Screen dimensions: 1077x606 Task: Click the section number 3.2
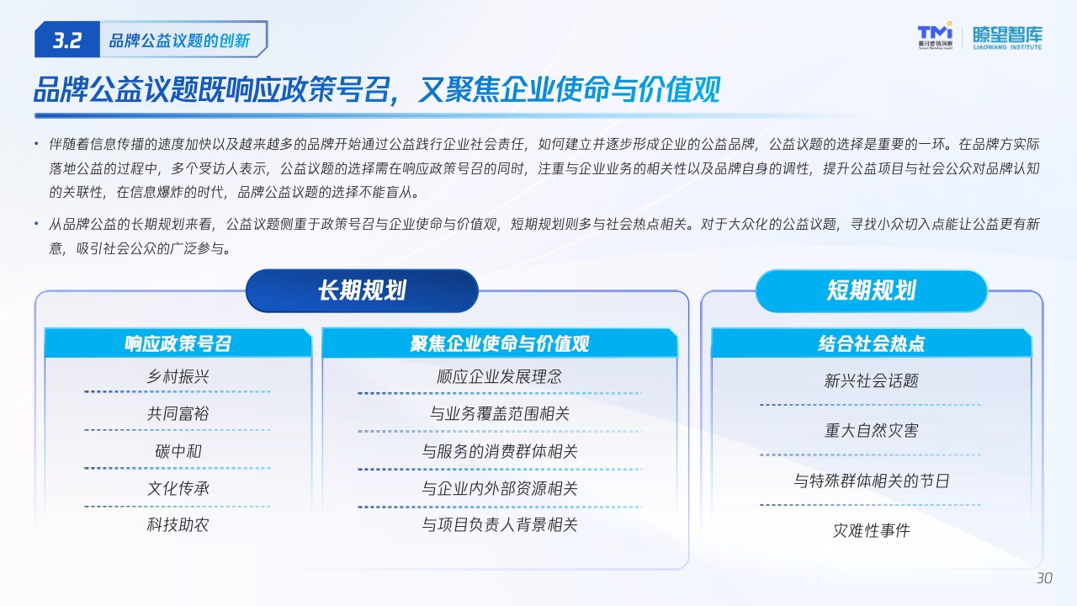67,40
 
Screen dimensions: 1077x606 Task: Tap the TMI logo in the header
935,35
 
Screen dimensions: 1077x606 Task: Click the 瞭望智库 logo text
1007,38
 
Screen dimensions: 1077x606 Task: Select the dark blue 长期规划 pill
362,290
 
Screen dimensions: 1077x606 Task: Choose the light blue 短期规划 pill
871,290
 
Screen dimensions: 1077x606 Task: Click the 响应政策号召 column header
178,343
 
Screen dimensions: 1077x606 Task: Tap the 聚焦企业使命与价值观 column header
500,343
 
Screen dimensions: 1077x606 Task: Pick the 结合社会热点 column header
871,343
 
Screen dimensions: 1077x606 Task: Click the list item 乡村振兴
178,376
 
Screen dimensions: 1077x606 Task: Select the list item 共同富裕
178,413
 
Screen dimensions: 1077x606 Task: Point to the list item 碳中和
178,451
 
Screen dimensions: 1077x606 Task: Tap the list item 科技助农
178,524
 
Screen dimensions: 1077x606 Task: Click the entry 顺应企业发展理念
500,376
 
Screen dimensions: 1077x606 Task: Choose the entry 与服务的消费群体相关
500,451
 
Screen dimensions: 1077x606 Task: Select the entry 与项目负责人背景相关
500,524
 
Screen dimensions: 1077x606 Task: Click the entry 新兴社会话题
871,381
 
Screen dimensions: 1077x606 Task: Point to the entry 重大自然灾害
871,430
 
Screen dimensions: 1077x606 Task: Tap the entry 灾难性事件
871,530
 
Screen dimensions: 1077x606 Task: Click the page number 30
1044,577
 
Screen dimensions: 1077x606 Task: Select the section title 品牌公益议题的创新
179,40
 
